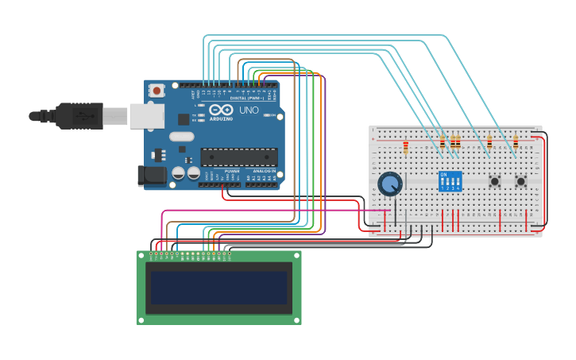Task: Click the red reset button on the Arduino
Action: pos(157,91)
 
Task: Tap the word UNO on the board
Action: pos(249,110)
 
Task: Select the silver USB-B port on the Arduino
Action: pos(147,116)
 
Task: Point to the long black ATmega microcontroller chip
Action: pos(238,158)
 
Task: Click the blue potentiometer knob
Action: pos(389,184)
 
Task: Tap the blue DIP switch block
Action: pos(450,182)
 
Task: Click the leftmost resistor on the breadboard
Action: pos(406,147)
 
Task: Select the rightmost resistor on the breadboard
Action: pos(516,143)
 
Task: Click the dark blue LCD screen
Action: pos(218,288)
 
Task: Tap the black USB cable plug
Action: pos(79,116)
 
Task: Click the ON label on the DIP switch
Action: pos(443,174)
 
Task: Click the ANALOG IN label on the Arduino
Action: pos(264,171)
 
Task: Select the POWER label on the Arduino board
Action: pos(232,171)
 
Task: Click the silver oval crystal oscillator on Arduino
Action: pos(181,136)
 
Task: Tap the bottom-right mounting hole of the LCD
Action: pos(296,319)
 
